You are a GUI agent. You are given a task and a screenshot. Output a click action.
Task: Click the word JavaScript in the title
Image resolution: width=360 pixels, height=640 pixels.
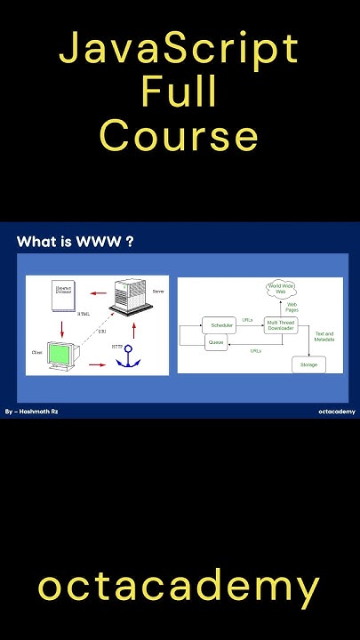coord(180,50)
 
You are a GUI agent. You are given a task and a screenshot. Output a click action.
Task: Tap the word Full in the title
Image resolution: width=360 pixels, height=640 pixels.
coord(179,93)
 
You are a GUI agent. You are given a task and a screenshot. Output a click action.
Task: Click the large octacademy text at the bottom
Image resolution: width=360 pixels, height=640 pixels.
coord(179,588)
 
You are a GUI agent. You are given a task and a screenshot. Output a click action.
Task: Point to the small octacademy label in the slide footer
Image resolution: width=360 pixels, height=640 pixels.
coord(336,412)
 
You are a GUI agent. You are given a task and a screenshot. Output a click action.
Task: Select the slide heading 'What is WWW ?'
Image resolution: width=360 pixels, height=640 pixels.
coord(76,241)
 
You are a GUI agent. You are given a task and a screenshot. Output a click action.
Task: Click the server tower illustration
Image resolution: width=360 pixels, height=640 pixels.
coord(127,300)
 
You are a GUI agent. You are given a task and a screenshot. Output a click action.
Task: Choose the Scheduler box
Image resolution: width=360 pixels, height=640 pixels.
coord(222,327)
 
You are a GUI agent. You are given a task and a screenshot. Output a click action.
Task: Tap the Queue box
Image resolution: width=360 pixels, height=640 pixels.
coord(215,342)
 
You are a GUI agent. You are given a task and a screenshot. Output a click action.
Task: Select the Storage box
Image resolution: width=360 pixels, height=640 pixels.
coord(308,364)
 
